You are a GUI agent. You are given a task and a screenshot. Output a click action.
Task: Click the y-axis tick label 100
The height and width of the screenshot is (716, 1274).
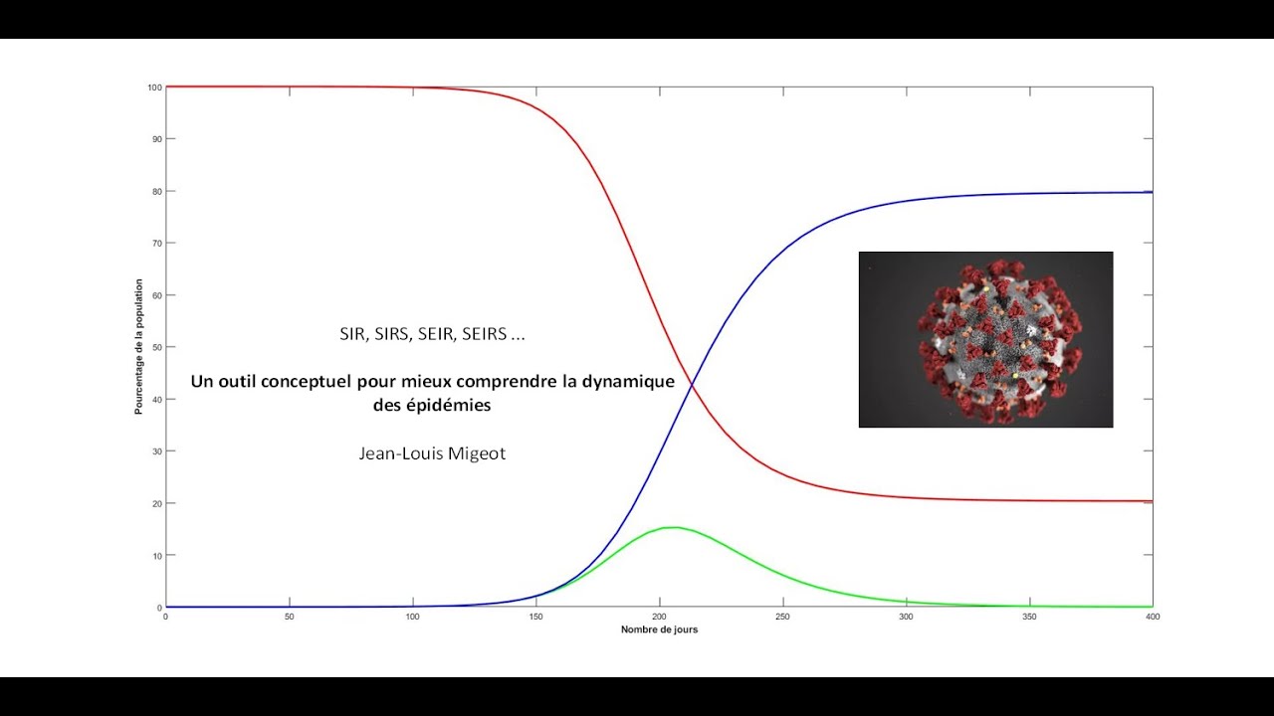(154, 88)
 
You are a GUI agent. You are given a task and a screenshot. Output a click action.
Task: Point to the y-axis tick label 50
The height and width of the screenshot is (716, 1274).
(157, 347)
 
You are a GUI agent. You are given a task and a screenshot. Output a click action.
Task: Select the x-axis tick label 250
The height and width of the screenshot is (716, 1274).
(782, 617)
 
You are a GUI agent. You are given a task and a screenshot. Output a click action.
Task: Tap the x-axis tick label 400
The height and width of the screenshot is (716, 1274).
(1153, 617)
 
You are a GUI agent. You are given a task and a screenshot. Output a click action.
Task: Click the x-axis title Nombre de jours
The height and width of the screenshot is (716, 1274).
(659, 629)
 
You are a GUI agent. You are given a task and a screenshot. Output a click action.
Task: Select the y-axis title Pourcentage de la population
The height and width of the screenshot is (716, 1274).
(138, 347)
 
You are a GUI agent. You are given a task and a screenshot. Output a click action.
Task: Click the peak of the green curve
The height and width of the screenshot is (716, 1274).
(675, 527)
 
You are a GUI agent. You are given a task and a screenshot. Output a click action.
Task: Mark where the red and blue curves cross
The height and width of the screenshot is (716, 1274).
(692, 386)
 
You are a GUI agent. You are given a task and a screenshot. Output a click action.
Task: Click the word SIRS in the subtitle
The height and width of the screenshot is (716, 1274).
(391, 334)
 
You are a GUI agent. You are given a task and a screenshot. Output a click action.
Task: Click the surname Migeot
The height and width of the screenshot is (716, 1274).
(477, 453)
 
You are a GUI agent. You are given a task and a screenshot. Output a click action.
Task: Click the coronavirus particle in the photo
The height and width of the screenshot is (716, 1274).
(999, 341)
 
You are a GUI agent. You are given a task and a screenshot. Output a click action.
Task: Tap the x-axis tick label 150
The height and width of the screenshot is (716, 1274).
(535, 617)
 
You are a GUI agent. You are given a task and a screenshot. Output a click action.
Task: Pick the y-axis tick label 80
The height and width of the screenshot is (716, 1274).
(157, 192)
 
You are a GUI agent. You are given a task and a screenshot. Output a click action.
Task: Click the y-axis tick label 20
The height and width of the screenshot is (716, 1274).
(157, 503)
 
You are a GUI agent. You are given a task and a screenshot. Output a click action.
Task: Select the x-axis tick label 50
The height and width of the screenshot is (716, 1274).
(290, 617)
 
